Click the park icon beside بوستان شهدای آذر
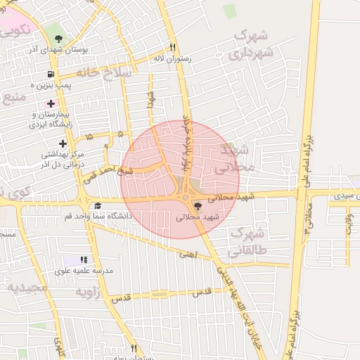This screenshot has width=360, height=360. point(58,39)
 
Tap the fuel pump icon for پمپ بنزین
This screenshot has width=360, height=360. point(51,74)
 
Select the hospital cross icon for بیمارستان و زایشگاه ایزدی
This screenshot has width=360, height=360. point(51,104)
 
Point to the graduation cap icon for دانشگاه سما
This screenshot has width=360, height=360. point(98,205)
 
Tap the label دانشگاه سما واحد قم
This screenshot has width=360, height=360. point(98,216)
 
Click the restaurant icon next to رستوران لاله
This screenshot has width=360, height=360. point(173,48)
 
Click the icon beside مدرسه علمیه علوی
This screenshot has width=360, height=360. point(85,260)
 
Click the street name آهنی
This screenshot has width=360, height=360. point(187,255)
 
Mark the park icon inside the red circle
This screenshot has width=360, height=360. point(197,206)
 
